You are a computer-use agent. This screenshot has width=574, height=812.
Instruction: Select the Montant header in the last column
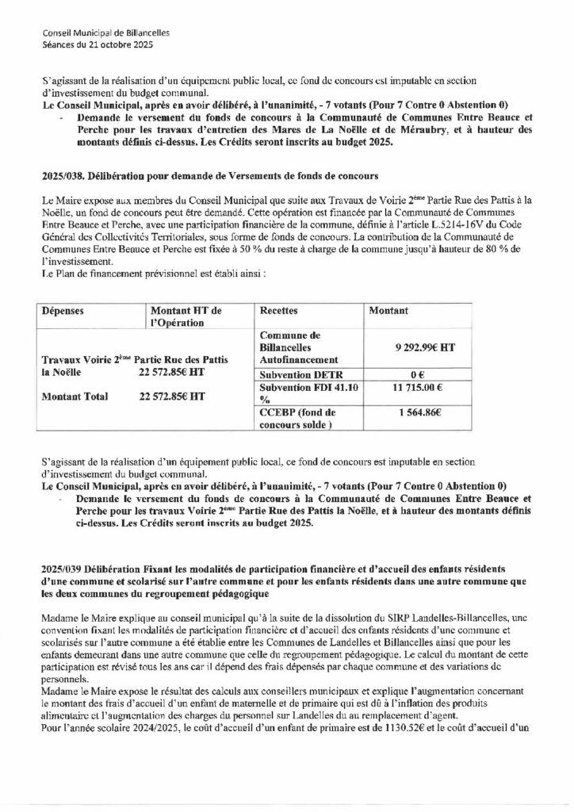click(390, 312)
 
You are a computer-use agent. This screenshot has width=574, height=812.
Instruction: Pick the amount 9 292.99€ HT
click(424, 347)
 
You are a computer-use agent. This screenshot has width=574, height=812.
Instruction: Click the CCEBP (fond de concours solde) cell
click(298, 419)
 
